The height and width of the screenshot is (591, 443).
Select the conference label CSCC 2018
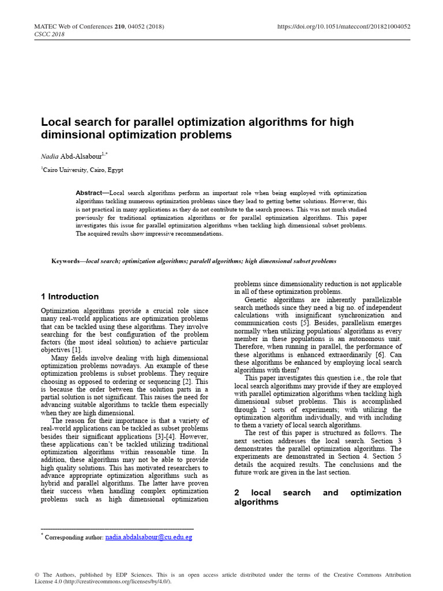50,34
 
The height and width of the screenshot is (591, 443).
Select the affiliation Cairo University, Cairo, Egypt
82,170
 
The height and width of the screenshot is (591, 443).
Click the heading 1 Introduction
70,297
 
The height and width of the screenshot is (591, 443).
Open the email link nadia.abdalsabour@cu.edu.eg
149,537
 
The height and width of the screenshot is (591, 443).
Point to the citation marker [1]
77,350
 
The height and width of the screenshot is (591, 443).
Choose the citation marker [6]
381,354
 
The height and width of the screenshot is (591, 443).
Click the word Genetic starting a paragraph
259,300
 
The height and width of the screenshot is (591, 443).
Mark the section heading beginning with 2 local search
317,498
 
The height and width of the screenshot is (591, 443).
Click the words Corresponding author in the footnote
74,537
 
